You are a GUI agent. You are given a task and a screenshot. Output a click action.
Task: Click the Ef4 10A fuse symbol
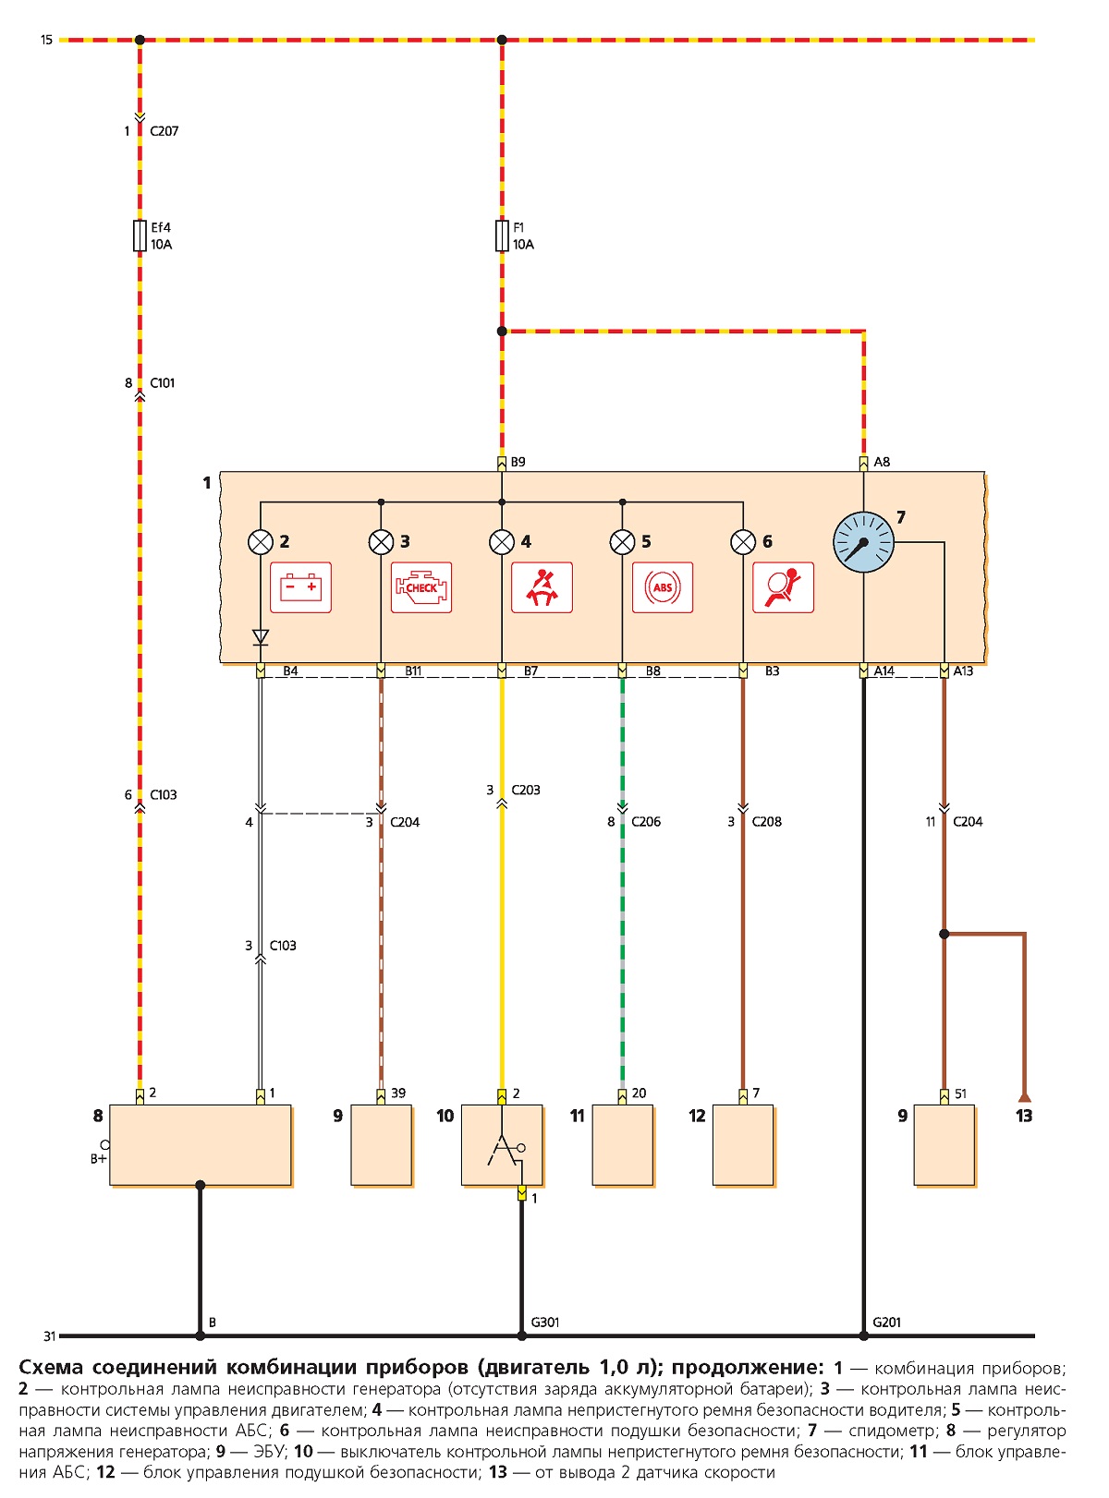point(140,236)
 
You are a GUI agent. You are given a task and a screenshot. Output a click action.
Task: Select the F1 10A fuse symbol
point(502,236)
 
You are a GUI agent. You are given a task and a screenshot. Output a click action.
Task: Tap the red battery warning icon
point(300,586)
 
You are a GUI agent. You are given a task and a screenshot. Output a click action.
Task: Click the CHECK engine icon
point(421,586)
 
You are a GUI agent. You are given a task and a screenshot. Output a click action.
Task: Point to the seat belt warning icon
point(542,586)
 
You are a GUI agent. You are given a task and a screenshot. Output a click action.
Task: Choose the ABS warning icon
point(663,586)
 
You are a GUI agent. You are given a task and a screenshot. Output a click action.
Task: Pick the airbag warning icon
point(784,586)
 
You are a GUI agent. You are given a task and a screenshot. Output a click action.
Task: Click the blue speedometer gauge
point(863,541)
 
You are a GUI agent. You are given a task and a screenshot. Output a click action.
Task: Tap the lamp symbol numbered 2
point(261,541)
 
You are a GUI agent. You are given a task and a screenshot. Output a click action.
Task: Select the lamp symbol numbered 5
point(622,541)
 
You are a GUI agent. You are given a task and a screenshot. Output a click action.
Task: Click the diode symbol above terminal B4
point(261,637)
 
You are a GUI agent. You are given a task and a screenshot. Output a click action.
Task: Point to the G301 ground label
point(544,1322)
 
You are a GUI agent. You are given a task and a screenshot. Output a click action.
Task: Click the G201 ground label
point(886,1322)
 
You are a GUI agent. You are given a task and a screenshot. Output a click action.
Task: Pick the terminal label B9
point(518,462)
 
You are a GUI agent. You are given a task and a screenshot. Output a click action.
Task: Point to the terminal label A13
point(963,670)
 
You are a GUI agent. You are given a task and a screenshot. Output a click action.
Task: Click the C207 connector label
point(165,131)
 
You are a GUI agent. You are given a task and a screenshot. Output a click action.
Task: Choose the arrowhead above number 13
point(1025,1097)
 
